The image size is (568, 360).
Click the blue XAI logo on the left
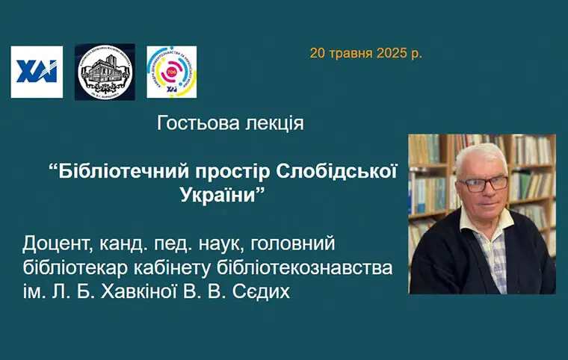click(x=37, y=72)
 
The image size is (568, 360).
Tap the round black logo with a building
click(x=105, y=72)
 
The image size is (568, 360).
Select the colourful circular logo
click(x=171, y=72)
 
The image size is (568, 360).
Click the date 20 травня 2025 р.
click(x=366, y=54)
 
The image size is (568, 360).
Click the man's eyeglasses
click(x=483, y=182)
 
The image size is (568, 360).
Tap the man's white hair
click(x=482, y=153)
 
